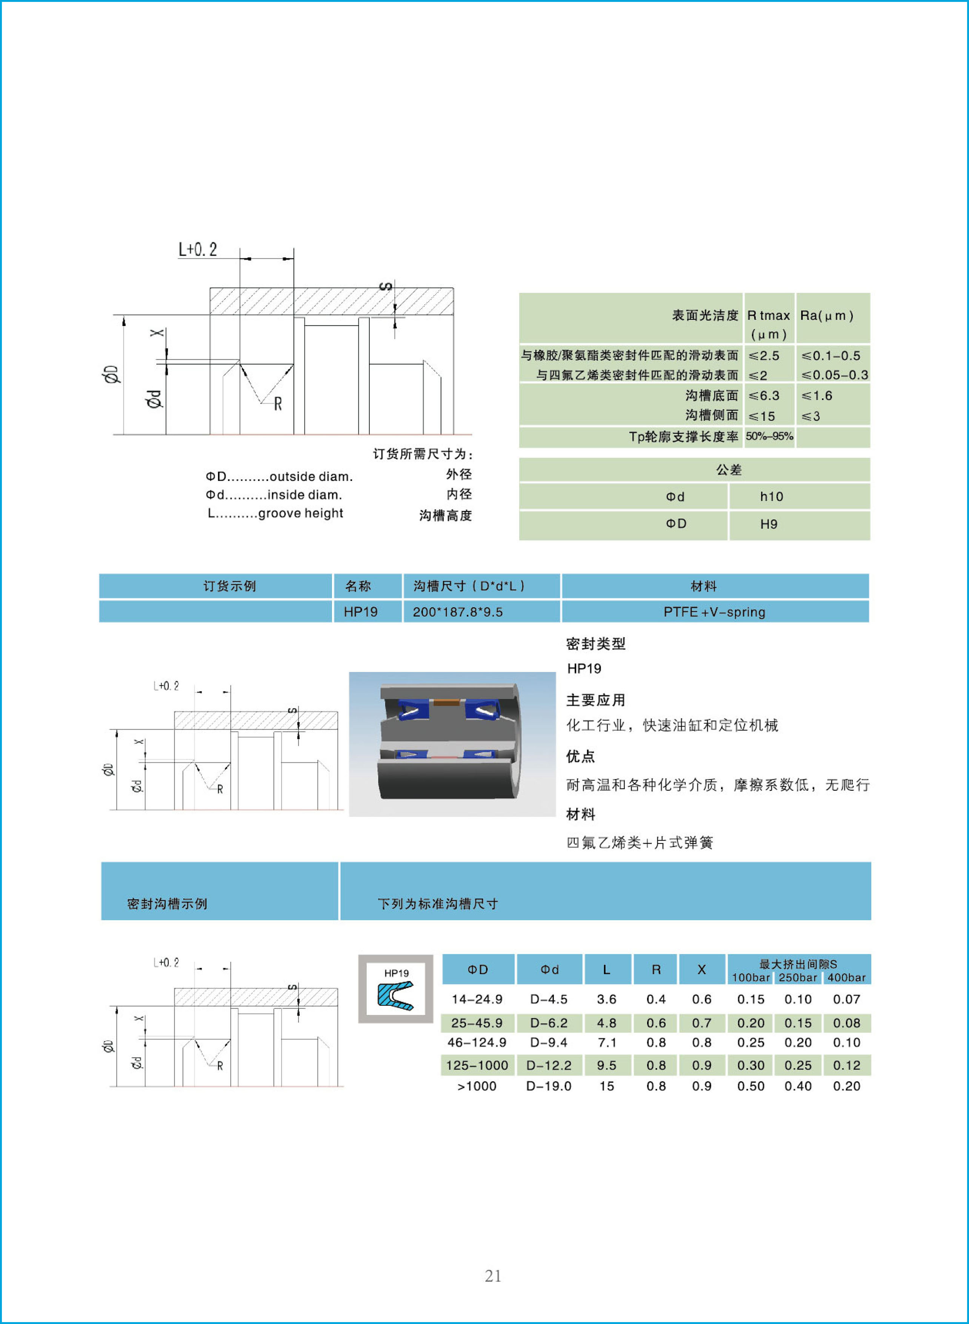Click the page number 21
tap(493, 1276)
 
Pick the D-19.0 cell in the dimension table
tap(548, 1086)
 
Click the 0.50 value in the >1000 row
tap(751, 1086)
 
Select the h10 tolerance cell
tap(771, 497)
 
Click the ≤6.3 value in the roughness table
tap(764, 396)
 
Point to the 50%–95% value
tap(769, 436)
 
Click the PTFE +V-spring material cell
tap(714, 612)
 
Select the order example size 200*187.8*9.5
tap(457, 612)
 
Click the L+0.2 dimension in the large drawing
tap(198, 250)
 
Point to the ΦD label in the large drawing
tap(112, 374)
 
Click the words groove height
tap(300, 513)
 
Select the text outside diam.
tap(311, 476)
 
